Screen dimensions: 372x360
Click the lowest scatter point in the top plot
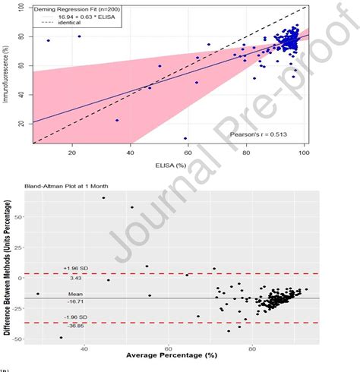(x=185, y=138)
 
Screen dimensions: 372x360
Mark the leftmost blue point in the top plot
(x=49, y=40)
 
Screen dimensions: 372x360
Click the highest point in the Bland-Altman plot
(x=103, y=197)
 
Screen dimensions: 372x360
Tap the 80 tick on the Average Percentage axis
(x=253, y=347)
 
